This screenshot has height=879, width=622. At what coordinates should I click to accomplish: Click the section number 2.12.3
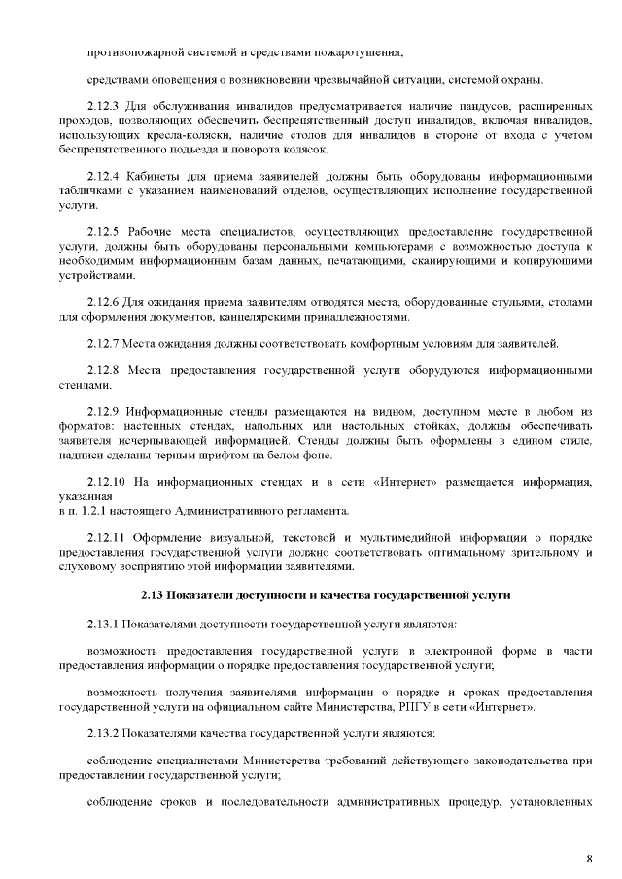point(104,103)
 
